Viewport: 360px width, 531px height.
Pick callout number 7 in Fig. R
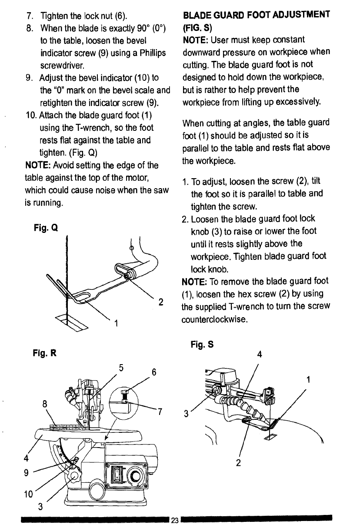[160, 412]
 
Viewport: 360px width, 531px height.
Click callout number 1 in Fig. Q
[116, 323]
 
